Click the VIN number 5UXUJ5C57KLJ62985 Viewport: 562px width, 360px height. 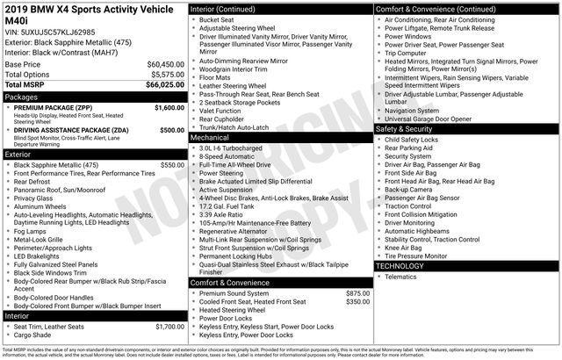point(58,31)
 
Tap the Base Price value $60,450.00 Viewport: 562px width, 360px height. point(164,65)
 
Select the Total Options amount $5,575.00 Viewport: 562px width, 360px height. point(166,75)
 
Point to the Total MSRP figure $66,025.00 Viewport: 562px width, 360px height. point(163,85)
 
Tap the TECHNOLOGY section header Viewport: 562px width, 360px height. point(400,265)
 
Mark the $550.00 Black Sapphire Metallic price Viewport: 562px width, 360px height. point(172,164)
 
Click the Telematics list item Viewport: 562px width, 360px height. point(400,277)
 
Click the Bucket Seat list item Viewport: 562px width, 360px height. point(215,19)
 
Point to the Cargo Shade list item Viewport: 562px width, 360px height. point(32,335)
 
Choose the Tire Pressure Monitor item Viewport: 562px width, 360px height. point(418,256)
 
